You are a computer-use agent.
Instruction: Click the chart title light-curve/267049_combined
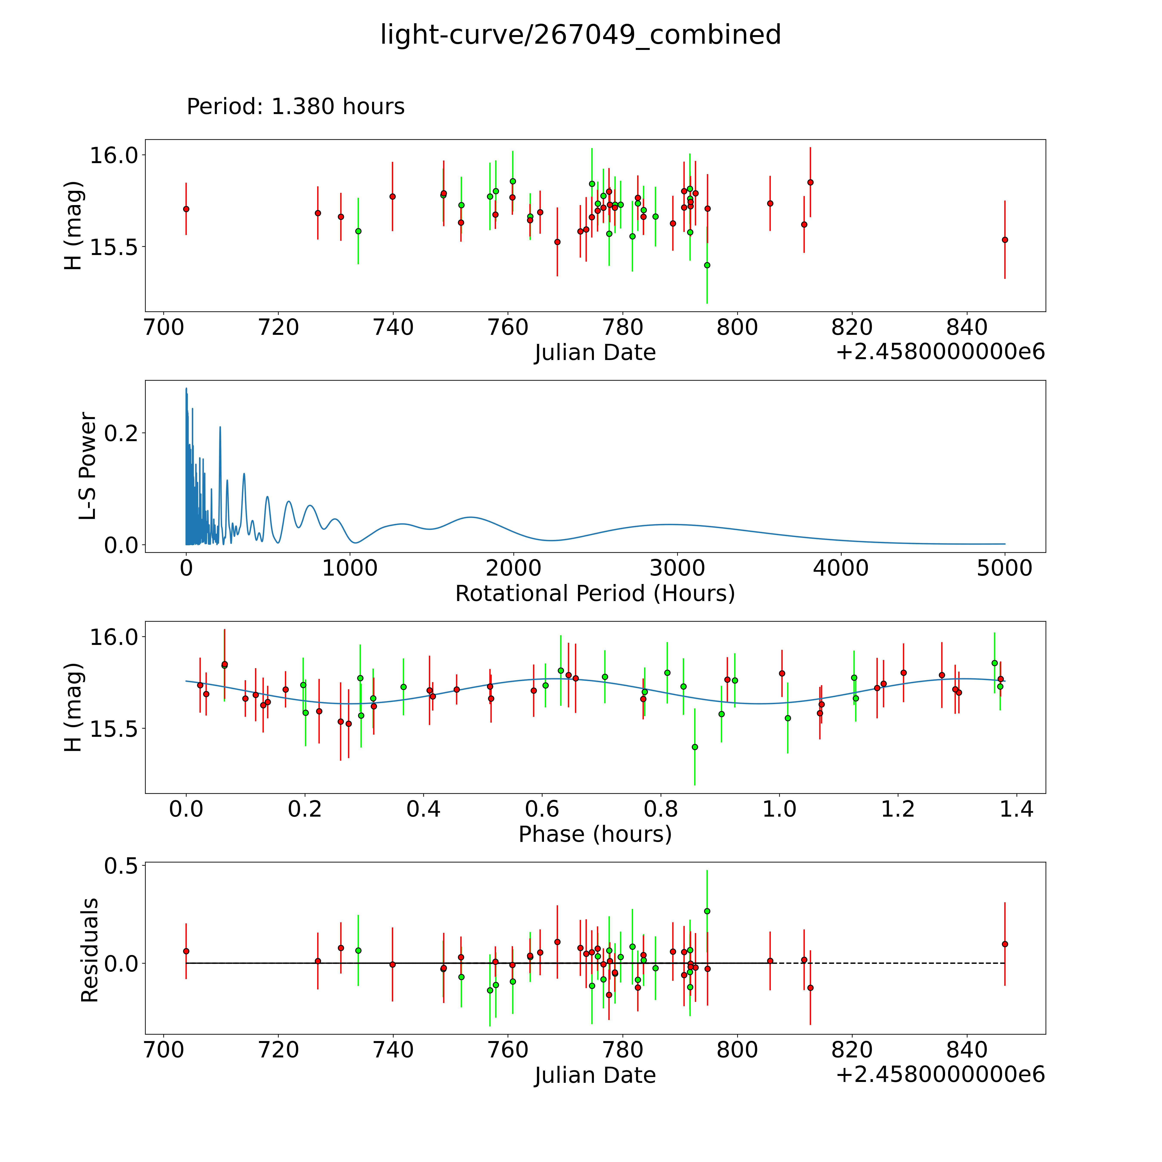[x=580, y=35]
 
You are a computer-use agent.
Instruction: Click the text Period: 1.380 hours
[x=295, y=107]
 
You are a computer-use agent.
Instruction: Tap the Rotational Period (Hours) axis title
[x=595, y=594]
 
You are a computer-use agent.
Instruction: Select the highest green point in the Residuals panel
[x=707, y=911]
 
